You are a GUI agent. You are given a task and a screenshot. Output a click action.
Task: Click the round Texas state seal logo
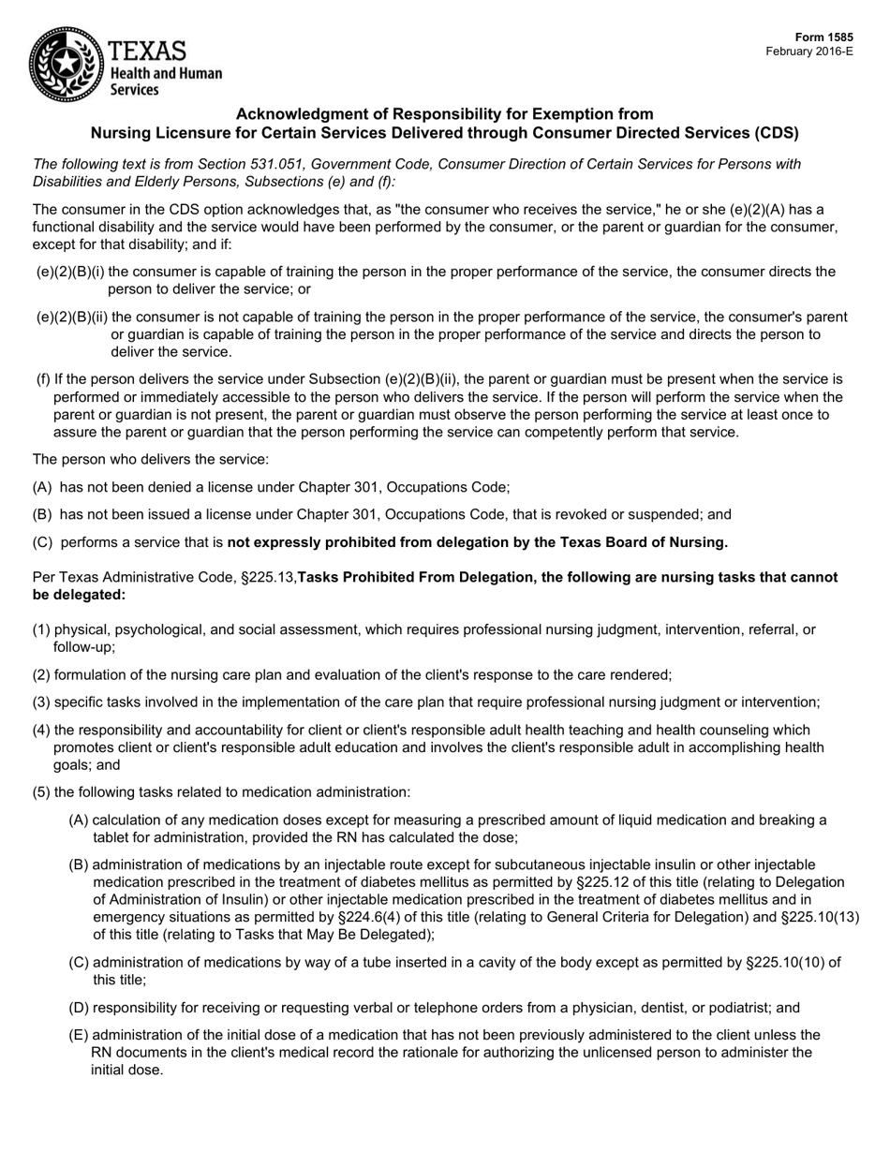tap(65, 64)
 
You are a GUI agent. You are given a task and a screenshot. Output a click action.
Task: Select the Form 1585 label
tap(827, 37)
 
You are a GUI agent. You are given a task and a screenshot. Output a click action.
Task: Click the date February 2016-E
tap(809, 52)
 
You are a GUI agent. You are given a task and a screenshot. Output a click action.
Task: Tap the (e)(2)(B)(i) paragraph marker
tap(70, 272)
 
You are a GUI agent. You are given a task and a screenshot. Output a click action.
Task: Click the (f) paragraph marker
tap(43, 379)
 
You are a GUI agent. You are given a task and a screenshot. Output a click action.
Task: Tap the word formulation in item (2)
tap(92, 675)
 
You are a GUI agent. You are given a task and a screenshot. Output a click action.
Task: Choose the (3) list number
tap(42, 702)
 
